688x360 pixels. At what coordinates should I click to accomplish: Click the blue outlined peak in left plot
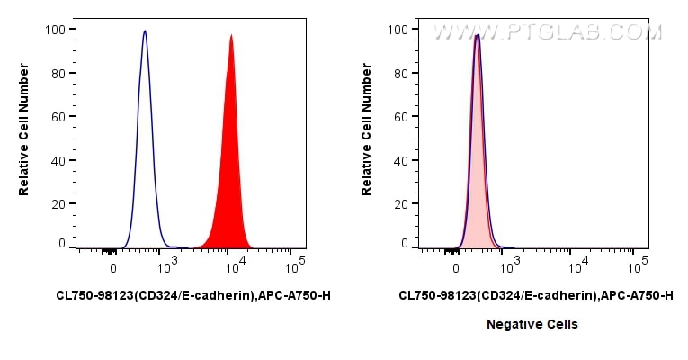pos(145,135)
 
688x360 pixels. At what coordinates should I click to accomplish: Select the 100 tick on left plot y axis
pos(56,30)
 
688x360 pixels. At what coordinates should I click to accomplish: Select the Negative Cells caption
pos(532,324)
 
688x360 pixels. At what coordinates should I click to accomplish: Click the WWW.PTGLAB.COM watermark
pos(547,32)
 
